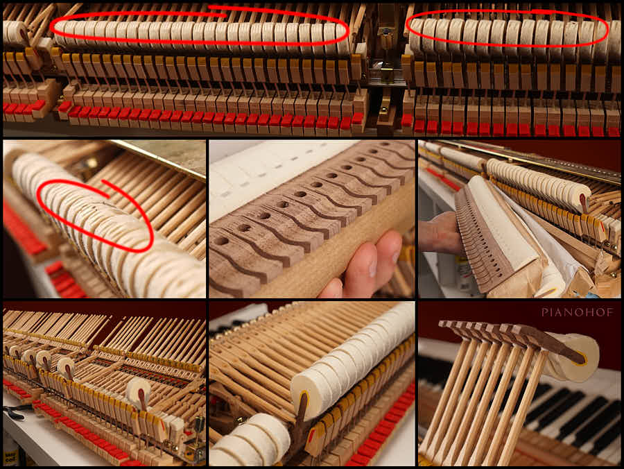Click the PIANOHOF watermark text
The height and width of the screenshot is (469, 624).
pos(577,312)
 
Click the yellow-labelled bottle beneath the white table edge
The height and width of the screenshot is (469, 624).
pos(9,454)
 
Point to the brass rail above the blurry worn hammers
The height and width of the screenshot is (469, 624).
pos(159,160)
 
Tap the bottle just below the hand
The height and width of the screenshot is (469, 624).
pos(465,274)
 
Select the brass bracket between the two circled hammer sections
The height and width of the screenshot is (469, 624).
pos(384,68)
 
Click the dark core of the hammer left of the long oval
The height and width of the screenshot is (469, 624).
pos(25,36)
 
